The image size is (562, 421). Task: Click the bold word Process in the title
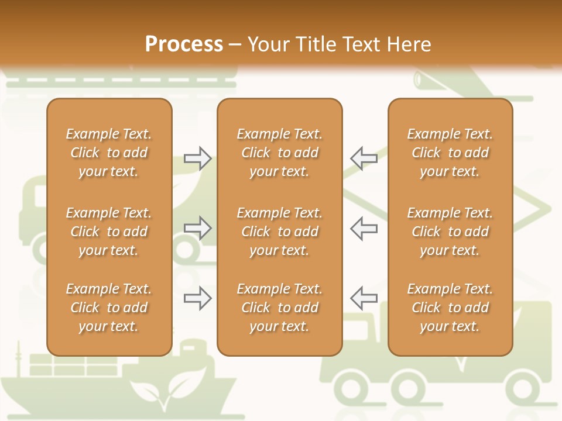pos(184,44)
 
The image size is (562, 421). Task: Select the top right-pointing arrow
pos(198,158)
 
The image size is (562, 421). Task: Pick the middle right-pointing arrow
pos(198,228)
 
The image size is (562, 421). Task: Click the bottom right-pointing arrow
pos(198,298)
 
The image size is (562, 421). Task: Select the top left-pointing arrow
pos(364,158)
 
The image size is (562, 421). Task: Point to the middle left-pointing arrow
pos(364,228)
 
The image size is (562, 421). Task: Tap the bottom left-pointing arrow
pos(364,298)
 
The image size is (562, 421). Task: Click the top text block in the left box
pos(109,153)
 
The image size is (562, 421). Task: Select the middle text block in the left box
pos(109,232)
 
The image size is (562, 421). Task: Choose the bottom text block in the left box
pos(109,308)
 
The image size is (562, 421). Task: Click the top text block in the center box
pos(279,153)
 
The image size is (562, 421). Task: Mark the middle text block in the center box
pos(279,232)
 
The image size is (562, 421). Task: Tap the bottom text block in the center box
pos(279,308)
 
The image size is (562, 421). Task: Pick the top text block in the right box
pos(450,153)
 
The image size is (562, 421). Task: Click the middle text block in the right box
pos(450,232)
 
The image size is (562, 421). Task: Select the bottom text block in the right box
pos(450,308)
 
